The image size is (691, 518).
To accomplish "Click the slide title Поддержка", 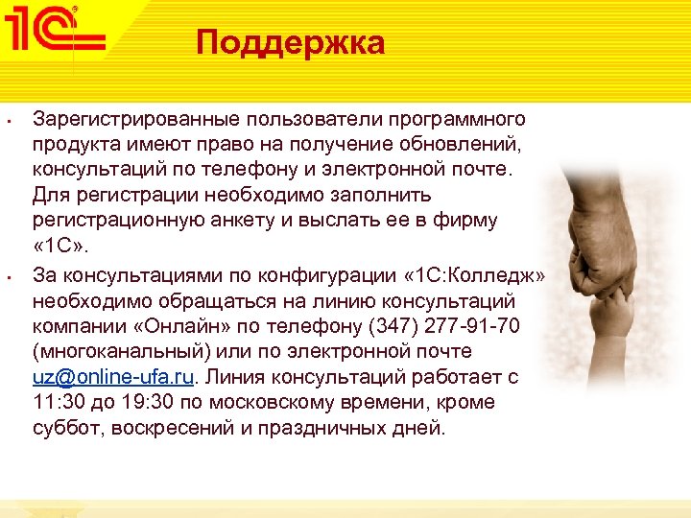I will [x=290, y=43].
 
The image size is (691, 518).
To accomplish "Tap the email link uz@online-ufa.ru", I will [x=107, y=377].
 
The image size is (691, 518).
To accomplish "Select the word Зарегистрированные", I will [x=136, y=119].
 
